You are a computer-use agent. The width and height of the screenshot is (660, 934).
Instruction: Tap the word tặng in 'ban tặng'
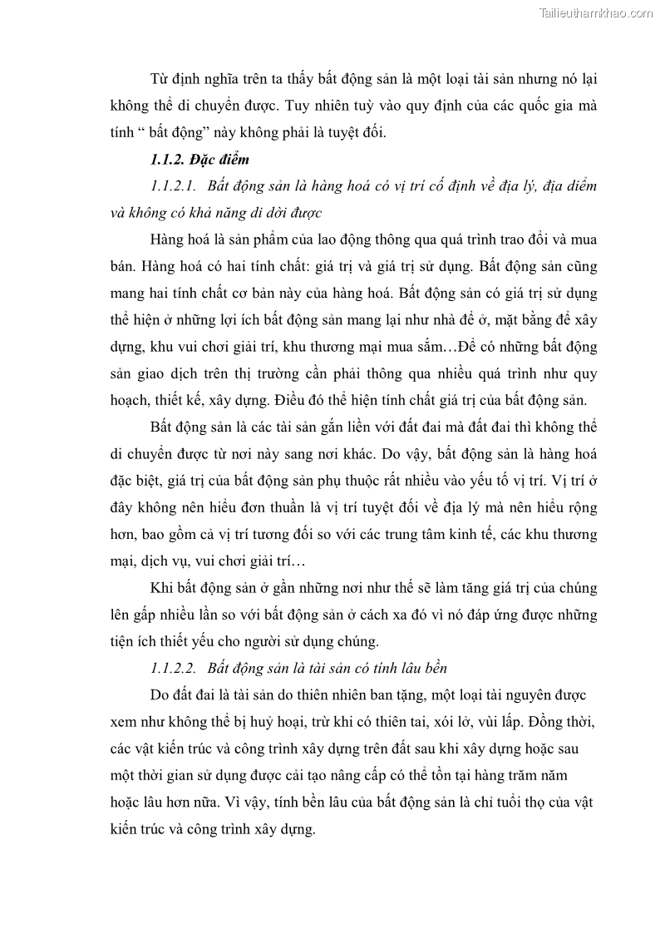[x=412, y=694]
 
